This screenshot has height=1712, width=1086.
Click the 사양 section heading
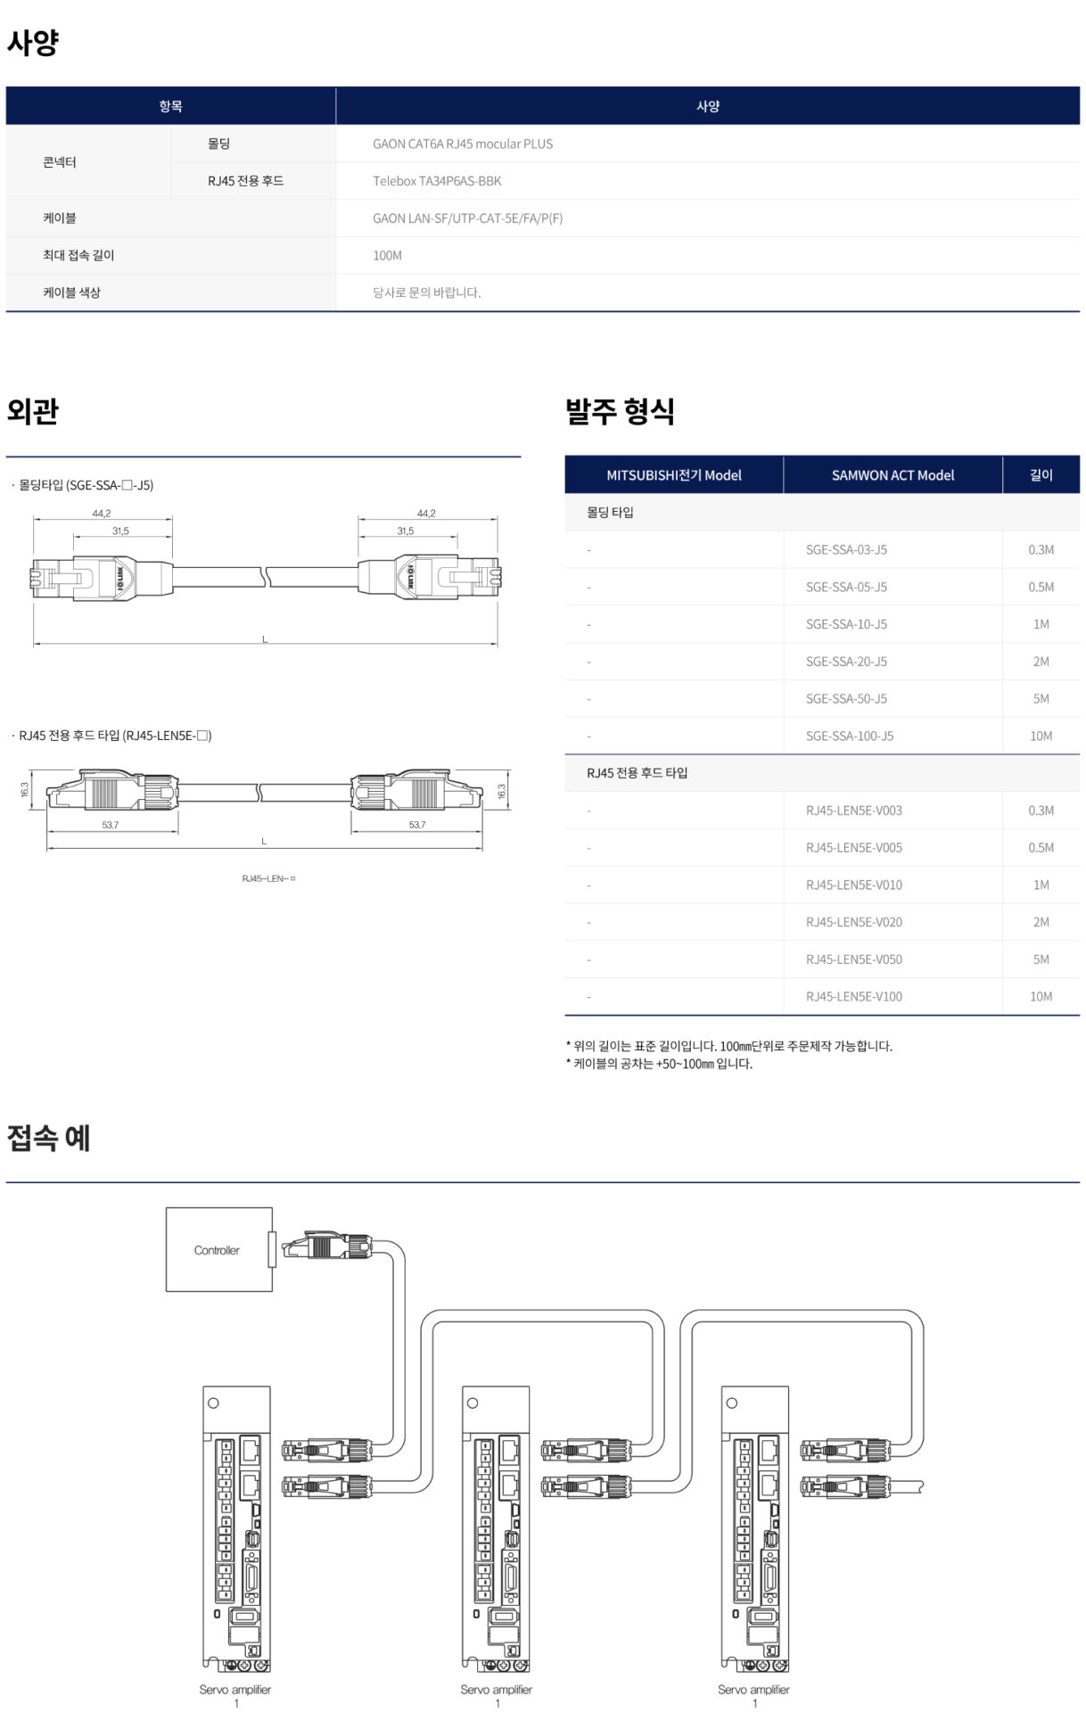[x=33, y=42]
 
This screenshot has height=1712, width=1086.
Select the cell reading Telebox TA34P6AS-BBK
[x=437, y=181]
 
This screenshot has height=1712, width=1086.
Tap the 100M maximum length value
[x=387, y=256]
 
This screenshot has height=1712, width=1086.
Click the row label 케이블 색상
[x=71, y=292]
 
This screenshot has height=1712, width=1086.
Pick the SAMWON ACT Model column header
[x=892, y=475]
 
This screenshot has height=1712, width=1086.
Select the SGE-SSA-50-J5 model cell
[x=846, y=699]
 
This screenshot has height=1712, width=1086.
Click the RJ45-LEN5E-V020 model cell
[x=853, y=922]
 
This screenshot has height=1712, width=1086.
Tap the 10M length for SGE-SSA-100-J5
[x=1041, y=737]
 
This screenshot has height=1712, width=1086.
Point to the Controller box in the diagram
[x=218, y=1250]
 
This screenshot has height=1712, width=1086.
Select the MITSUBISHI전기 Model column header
[x=673, y=475]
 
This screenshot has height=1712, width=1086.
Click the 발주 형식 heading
[x=620, y=411]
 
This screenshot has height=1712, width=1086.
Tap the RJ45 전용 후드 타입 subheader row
[x=637, y=773]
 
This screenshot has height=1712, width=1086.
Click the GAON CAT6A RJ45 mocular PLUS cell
[x=462, y=144]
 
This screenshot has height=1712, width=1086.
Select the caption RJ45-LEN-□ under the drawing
[x=268, y=878]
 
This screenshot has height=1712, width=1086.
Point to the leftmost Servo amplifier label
[x=234, y=1689]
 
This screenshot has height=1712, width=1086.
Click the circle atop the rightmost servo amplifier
[x=732, y=1403]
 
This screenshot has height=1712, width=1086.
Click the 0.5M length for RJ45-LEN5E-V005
[x=1041, y=848]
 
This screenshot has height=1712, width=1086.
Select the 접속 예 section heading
[x=48, y=1138]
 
